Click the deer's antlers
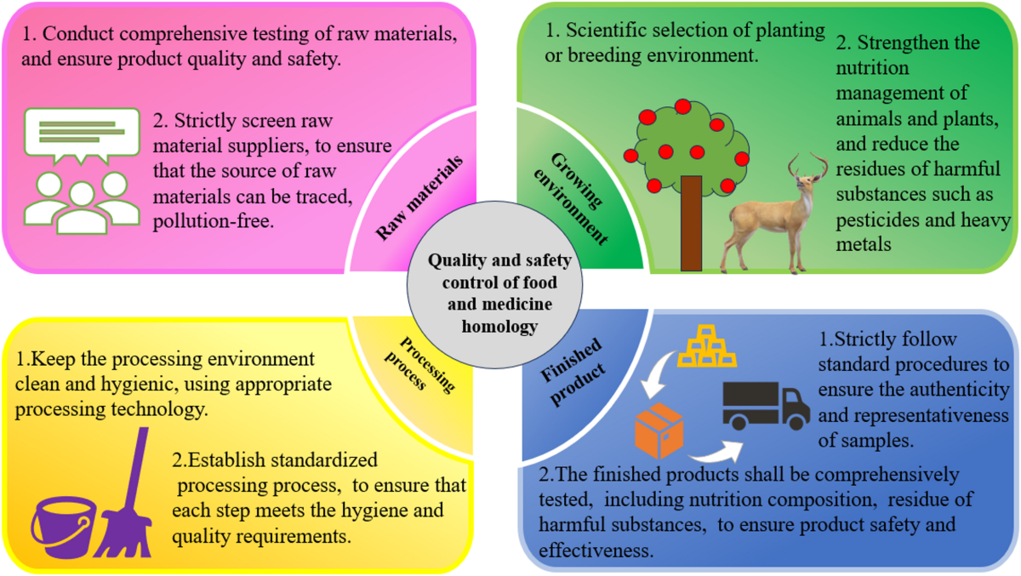[808, 165]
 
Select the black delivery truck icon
[766, 405]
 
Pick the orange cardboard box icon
[659, 431]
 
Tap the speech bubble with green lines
[82, 137]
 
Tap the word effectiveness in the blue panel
[596, 550]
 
